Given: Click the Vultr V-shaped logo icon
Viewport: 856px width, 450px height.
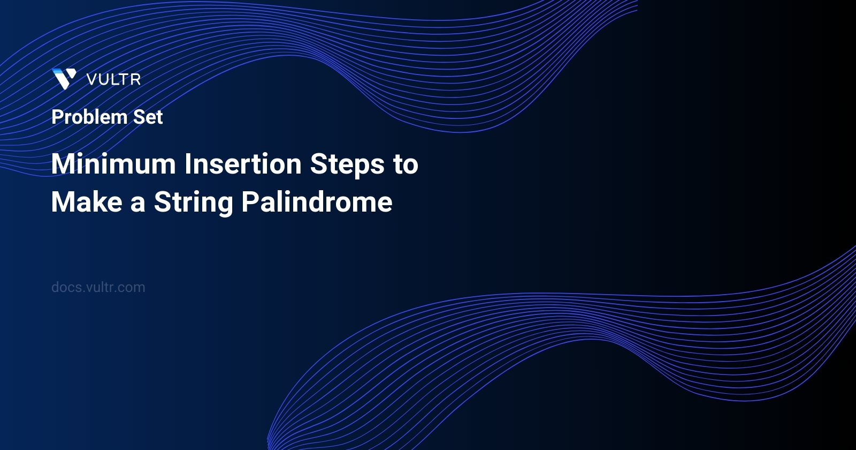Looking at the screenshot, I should pos(64,79).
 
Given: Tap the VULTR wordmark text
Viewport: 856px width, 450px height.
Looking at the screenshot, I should pos(113,80).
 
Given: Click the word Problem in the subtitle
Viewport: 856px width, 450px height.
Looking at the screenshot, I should pos(89,117).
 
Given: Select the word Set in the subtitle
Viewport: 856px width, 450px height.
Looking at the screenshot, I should pos(148,117).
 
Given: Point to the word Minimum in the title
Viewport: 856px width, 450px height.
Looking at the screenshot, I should pos(113,164).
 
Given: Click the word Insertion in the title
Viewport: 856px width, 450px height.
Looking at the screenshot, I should pos(243,164).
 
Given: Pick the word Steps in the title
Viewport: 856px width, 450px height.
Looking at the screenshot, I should pos(347,164).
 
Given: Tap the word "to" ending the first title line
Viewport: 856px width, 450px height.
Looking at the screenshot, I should pos(406,164).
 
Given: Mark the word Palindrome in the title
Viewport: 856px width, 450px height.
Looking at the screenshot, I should pos(317,202).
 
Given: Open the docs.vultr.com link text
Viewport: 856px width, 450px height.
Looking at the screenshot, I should pos(98,287).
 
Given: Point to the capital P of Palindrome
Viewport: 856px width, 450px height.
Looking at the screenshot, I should pos(250,202).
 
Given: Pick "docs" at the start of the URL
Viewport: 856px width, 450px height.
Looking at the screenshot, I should pos(66,287).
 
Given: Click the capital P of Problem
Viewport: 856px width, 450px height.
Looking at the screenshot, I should pos(57,117).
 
